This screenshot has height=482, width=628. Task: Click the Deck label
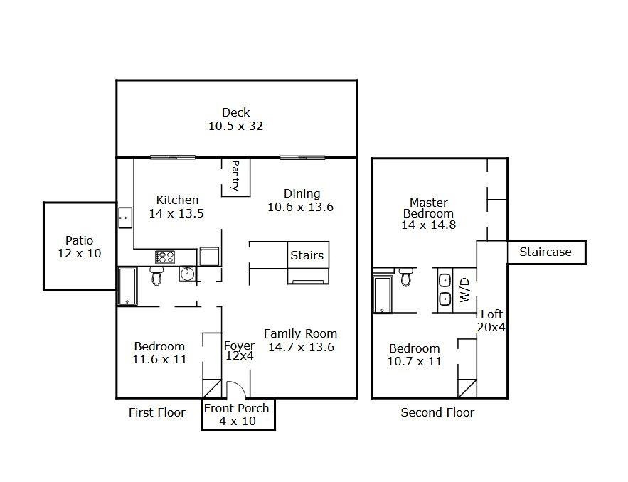[236, 112]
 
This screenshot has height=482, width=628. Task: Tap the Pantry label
[235, 176]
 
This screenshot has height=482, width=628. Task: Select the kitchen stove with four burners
[165, 257]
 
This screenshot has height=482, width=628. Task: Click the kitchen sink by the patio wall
[125, 218]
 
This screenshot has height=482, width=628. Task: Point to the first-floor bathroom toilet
[156, 275]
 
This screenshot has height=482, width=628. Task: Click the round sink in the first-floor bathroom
[187, 274]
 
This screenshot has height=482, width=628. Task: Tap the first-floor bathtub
[127, 286]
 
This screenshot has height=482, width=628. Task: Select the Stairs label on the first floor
[307, 255]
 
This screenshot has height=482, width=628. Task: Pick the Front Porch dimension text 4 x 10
[238, 421]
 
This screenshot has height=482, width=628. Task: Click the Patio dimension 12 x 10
[80, 253]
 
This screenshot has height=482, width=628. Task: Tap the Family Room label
[300, 334]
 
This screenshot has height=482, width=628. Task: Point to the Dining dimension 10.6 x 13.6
[300, 207]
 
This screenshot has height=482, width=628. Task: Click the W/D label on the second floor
[464, 290]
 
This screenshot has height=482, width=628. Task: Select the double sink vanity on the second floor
[445, 290]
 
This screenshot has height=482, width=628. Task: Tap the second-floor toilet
[405, 277]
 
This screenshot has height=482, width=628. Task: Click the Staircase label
[545, 252]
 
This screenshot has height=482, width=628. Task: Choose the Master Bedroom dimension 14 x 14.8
[429, 225]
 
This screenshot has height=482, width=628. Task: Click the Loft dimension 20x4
[491, 328]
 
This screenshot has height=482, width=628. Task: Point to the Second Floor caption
[437, 412]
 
